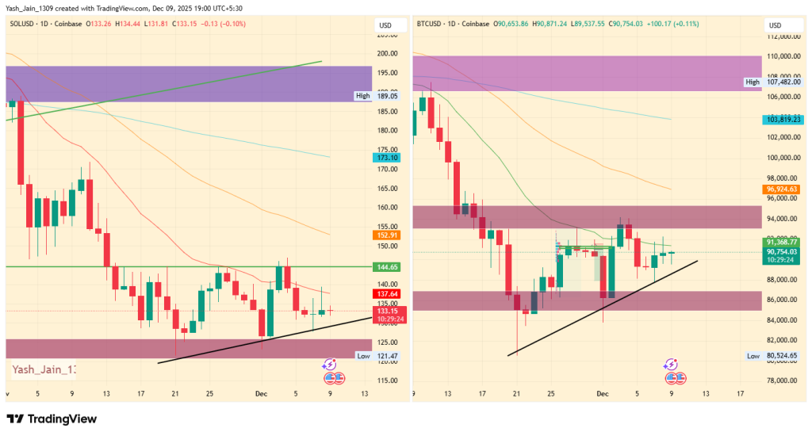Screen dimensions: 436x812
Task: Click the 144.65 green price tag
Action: pyautogui.click(x=387, y=267)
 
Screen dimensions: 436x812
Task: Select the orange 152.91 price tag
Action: pyautogui.click(x=387, y=235)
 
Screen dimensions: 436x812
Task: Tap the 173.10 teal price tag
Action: pyautogui.click(x=387, y=159)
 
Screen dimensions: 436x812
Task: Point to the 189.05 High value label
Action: pyautogui.click(x=387, y=96)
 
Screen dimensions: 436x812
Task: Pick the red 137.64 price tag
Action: pyautogui.click(x=387, y=294)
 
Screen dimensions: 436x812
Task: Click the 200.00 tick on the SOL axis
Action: pyautogui.click(x=387, y=54)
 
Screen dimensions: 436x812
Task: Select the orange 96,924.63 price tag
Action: pyautogui.click(x=781, y=189)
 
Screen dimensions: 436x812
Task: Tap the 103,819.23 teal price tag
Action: pyautogui.click(x=781, y=119)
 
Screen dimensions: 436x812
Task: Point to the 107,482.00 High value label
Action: pyautogui.click(x=781, y=82)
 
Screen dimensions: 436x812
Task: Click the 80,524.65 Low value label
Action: pyautogui.click(x=781, y=356)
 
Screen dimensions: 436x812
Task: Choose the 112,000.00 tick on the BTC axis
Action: pyautogui.click(x=781, y=36)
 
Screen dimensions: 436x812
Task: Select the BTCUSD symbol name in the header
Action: pyautogui.click(x=430, y=24)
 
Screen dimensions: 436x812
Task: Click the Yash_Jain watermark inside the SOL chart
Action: pyautogui.click(x=44, y=369)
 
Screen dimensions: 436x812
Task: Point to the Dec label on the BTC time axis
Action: pyautogui.click(x=601, y=393)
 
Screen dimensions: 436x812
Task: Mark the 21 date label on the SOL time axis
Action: pyautogui.click(x=175, y=393)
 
